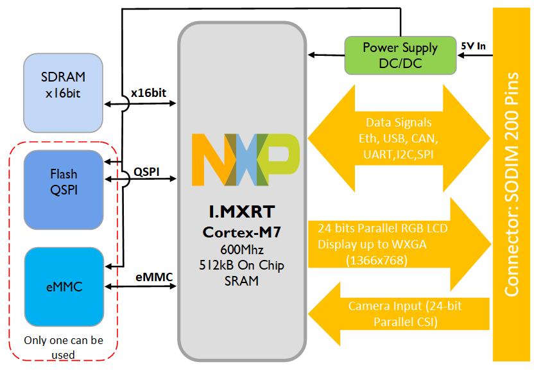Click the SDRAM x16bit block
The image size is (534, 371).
(63, 92)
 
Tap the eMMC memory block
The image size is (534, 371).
(63, 286)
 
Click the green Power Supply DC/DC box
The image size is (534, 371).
(400, 55)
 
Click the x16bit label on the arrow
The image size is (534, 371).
(148, 93)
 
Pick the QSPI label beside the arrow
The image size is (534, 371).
(146, 172)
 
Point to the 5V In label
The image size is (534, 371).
(474, 46)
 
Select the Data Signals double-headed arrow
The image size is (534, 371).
(399, 137)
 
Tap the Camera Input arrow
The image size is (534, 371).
(398, 314)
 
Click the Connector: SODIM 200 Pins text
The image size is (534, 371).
(512, 185)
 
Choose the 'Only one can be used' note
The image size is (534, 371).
(63, 347)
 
